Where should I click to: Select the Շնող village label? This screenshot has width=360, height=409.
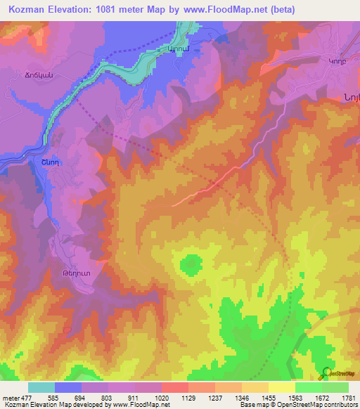tap(41, 161)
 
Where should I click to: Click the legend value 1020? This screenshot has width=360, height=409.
tap(162, 398)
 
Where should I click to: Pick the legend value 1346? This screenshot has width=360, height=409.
tap(242, 398)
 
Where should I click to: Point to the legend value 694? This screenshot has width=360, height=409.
tap(82, 398)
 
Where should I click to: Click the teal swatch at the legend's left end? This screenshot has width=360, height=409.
tap(41, 387)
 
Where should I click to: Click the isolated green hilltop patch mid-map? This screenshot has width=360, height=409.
tap(190, 265)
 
